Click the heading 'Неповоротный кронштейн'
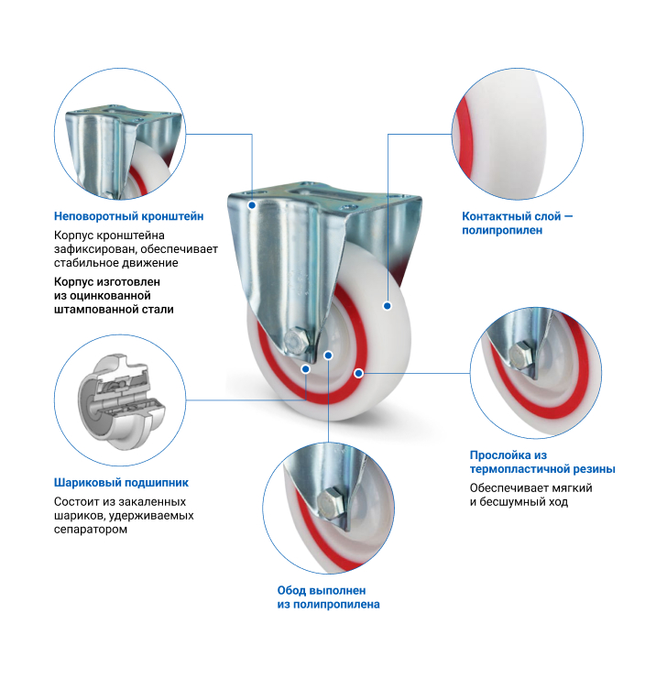tap(128, 216)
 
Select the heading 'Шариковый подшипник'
tap(121, 482)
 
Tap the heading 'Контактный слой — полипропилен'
tap(517, 223)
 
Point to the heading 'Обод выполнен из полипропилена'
tap(328, 597)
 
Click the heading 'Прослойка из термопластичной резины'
tap(542, 462)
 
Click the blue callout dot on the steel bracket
tap(252, 205)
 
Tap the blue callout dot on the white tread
tap(388, 306)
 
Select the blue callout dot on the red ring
tap(358, 373)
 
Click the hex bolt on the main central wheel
tap(297, 341)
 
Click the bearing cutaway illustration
tap(121, 401)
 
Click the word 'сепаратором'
tap(91, 529)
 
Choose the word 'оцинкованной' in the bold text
tap(110, 296)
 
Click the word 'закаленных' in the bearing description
tap(152, 501)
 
